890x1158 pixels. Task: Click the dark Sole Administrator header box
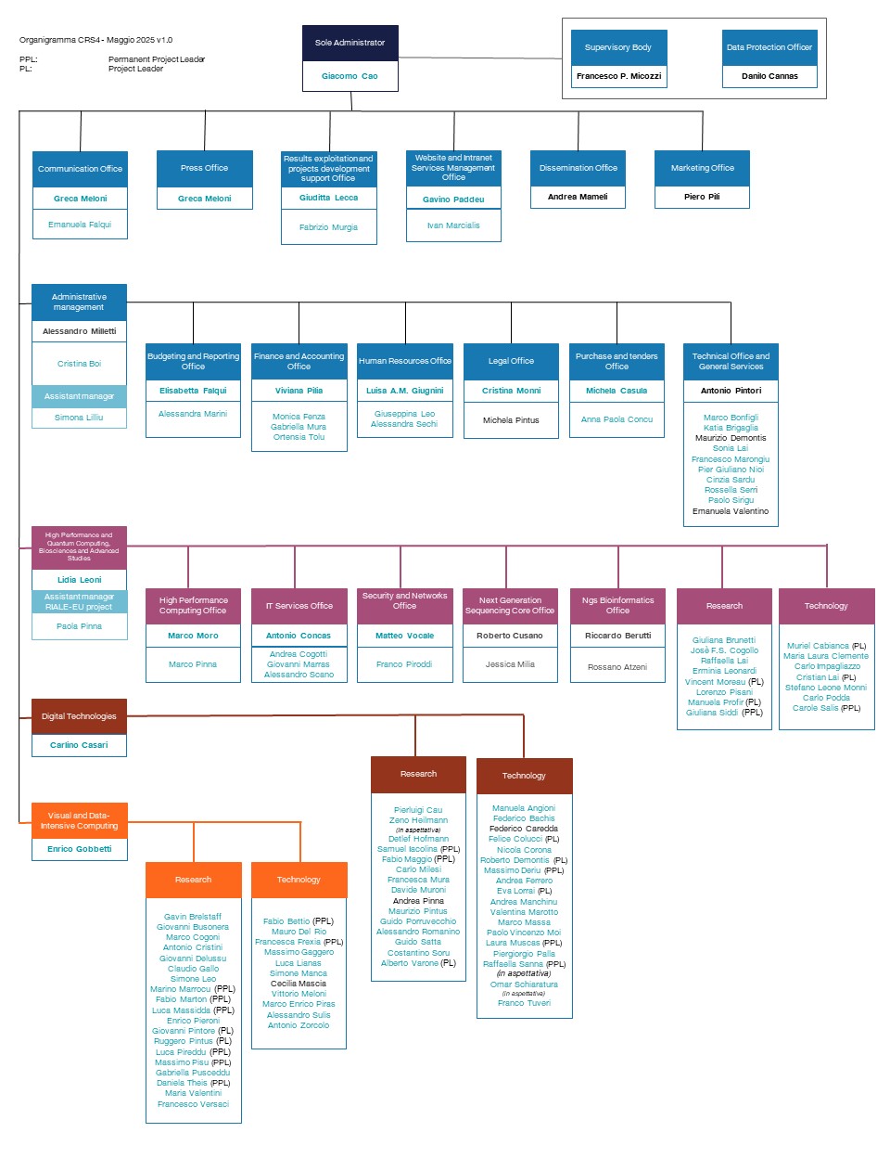[350, 43]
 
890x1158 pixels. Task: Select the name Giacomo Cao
[350, 76]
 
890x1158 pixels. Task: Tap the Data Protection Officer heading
[769, 47]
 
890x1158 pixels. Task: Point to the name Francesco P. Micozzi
[618, 76]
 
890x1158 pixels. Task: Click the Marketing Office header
[702, 168]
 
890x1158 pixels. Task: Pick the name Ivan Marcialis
[453, 225]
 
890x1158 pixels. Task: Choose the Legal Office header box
[511, 361]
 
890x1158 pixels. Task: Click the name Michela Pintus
[511, 420]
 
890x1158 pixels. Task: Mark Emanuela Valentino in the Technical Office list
[731, 511]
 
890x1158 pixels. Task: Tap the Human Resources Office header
[404, 361]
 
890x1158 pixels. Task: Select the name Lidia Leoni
[80, 580]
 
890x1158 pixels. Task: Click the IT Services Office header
[299, 606]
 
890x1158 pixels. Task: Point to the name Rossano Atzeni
[617, 667]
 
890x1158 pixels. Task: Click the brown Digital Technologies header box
[79, 716]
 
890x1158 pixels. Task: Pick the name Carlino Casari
[79, 745]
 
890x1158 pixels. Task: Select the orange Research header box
[193, 880]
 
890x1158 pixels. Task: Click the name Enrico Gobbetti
[80, 849]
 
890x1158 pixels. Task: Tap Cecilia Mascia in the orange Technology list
[299, 984]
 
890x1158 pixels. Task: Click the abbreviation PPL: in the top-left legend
[28, 59]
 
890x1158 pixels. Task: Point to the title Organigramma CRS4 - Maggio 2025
[87, 40]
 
